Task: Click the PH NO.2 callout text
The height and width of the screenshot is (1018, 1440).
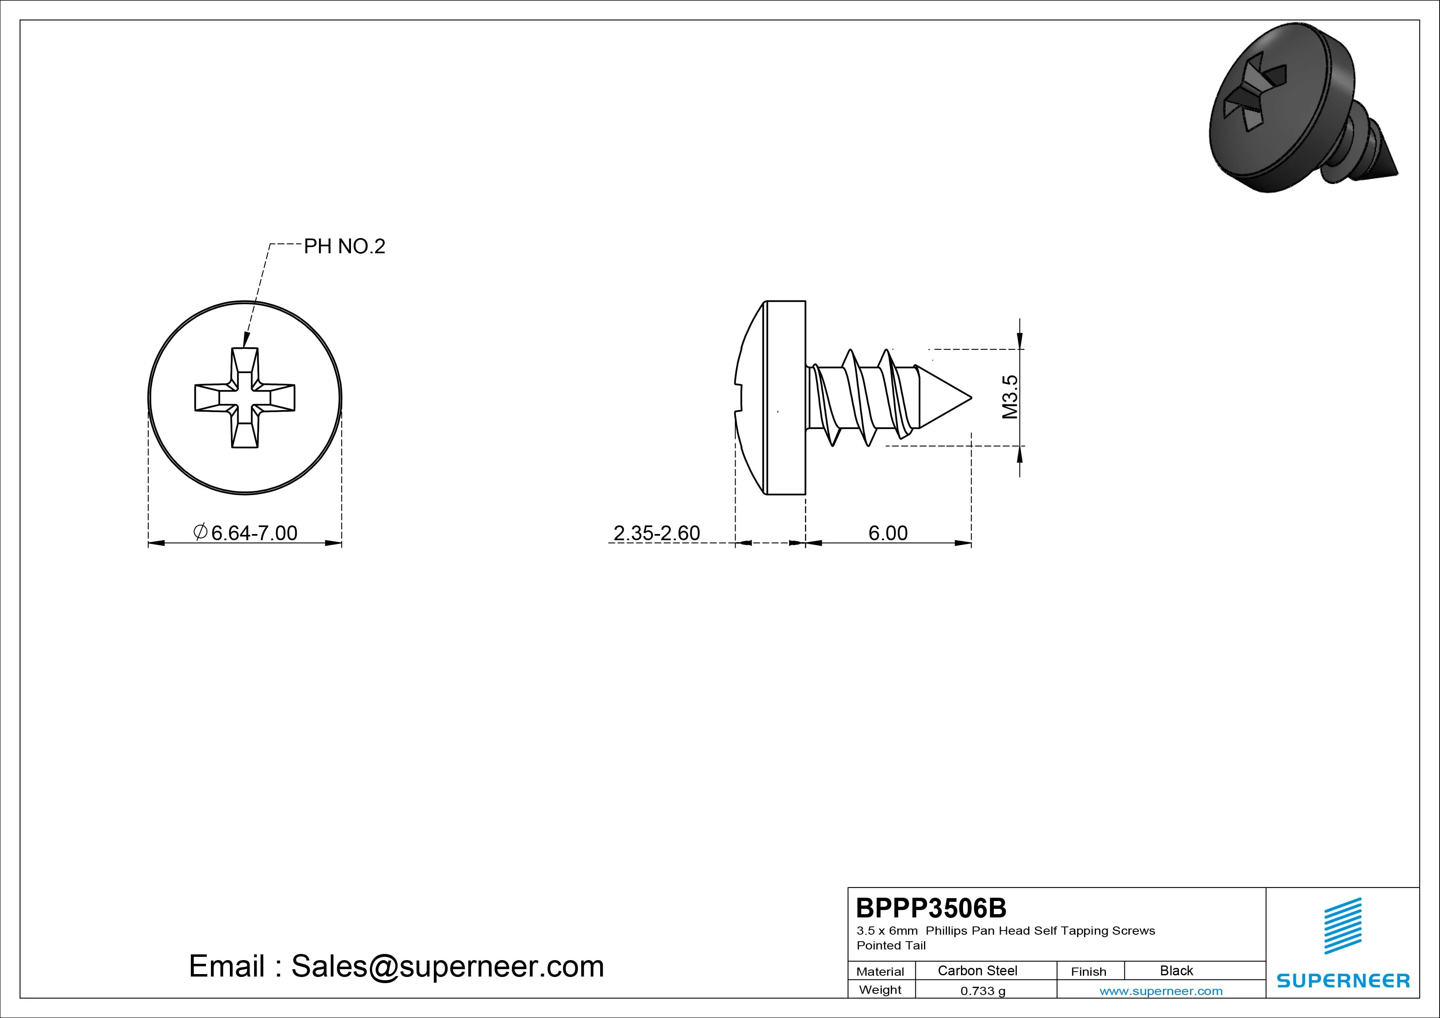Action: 344,247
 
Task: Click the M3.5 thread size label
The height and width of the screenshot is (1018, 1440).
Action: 1010,397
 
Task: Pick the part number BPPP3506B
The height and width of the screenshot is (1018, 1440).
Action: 931,908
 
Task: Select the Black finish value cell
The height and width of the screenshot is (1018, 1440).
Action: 1176,970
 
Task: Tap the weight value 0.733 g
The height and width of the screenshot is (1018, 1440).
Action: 983,991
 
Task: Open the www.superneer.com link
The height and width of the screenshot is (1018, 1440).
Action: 1161,991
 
